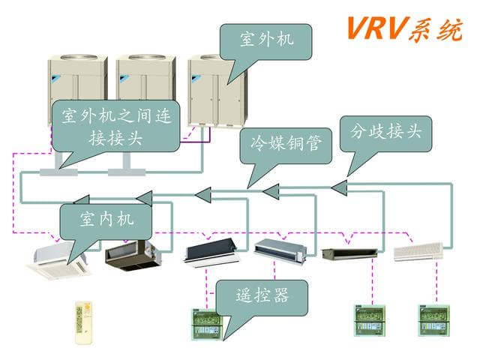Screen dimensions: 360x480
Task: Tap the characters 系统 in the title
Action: tap(433, 28)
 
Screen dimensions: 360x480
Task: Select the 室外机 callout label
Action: tap(266, 39)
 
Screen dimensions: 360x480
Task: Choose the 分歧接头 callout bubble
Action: tap(386, 132)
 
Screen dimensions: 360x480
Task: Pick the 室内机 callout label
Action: tap(106, 220)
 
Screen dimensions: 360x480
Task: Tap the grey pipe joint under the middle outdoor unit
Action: tap(124, 172)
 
